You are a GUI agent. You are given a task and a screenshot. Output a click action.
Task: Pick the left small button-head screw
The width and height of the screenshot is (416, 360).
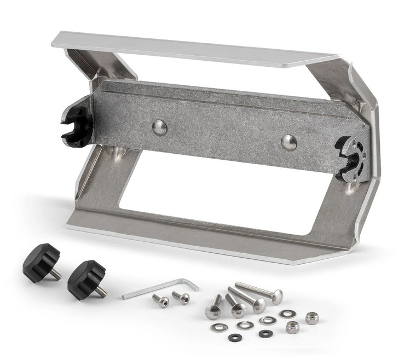pyautogui.click(x=161, y=300)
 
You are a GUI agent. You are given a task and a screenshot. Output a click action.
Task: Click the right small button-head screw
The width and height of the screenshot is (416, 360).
pyautogui.click(x=182, y=297)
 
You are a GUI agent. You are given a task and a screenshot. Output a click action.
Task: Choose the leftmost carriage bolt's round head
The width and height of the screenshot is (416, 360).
pyautogui.click(x=212, y=312)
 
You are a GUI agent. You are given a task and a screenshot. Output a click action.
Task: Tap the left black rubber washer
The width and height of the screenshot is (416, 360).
pyautogui.click(x=235, y=337)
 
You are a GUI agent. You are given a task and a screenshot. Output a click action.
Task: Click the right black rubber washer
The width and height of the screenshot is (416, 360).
pyautogui.click(x=265, y=333)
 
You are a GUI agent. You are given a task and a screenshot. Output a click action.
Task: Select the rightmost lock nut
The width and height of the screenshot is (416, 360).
pyautogui.click(x=312, y=318)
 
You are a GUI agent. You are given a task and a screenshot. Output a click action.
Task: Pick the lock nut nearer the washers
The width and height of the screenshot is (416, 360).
pyautogui.click(x=293, y=327)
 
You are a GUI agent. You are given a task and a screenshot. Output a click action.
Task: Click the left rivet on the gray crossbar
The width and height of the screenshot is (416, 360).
pyautogui.click(x=159, y=127)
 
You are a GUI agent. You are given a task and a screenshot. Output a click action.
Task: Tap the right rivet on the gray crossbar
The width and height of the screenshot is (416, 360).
pyautogui.click(x=288, y=142)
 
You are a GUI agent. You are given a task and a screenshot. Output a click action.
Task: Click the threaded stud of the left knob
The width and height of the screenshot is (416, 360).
pyautogui.click(x=55, y=274)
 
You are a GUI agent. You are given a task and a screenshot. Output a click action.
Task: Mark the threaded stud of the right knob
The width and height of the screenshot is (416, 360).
pyautogui.click(x=100, y=292)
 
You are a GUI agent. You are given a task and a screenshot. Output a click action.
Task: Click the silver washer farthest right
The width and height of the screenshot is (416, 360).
pyautogui.click(x=287, y=313)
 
